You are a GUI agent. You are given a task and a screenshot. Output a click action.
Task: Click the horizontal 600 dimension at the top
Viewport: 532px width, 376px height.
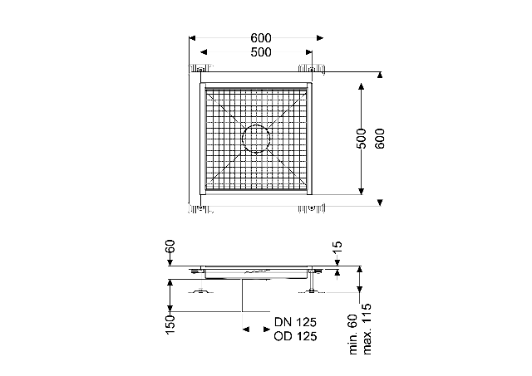(x=261, y=38)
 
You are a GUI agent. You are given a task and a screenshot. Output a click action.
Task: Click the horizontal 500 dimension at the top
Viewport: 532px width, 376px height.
(x=261, y=52)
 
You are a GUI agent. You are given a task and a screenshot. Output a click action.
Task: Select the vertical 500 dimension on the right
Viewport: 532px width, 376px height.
(x=362, y=139)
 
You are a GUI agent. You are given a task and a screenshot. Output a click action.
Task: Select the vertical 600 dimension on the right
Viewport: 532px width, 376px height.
(x=380, y=139)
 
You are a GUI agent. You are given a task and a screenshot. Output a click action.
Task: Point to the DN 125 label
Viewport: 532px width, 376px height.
(x=295, y=322)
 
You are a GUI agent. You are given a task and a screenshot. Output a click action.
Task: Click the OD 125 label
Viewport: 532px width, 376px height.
(x=295, y=336)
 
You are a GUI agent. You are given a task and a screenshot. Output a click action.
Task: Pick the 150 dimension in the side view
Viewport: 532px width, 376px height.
(x=170, y=325)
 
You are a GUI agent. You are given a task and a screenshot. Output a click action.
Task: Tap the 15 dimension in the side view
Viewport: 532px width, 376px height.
(x=338, y=249)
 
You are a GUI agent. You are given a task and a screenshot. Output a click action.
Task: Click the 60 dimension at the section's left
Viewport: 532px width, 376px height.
(x=170, y=247)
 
